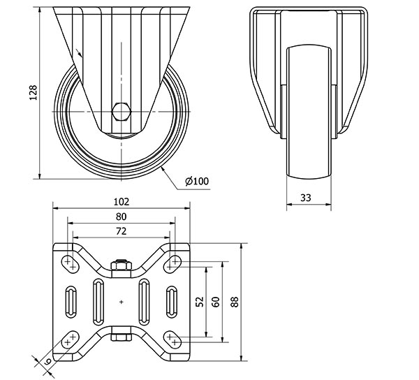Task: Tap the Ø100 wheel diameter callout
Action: [197, 182]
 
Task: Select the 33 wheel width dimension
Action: [305, 198]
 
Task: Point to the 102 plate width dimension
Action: [122, 200]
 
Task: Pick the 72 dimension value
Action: [122, 230]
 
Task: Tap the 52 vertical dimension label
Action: [200, 302]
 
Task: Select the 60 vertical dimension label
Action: [216, 302]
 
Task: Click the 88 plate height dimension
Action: [235, 302]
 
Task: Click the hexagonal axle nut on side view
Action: [120, 110]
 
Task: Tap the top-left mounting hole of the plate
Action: [70, 263]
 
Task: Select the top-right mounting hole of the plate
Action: [172, 263]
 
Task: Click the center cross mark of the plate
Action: [122, 302]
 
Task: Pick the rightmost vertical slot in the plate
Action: [172, 302]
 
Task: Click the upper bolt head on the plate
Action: [122, 265]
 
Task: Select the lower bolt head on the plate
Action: [122, 339]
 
